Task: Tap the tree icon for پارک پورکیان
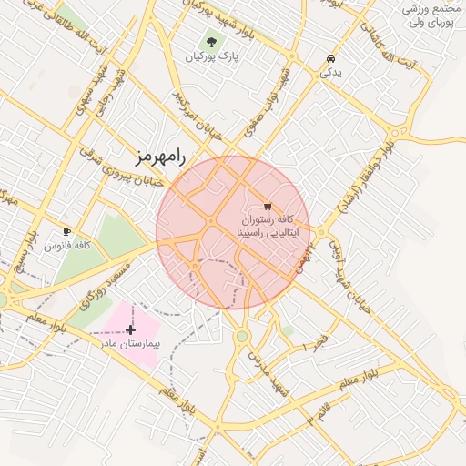click(211, 41)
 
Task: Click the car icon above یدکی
click(328, 59)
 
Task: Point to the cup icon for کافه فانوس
click(66, 231)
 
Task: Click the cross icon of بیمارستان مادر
click(131, 329)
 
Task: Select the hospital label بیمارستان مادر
click(131, 345)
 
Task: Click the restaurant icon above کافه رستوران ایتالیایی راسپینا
click(267, 205)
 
